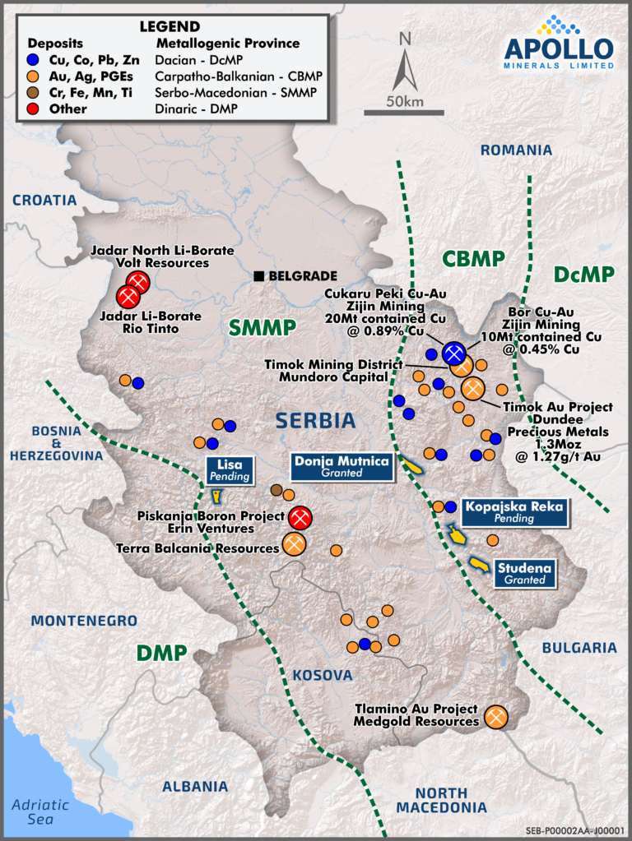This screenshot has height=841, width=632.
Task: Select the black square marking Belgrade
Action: click(259, 276)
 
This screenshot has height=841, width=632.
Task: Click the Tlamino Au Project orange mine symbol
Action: click(496, 717)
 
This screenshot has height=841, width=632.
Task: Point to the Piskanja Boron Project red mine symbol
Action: click(300, 518)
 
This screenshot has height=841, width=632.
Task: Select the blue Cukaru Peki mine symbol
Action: click(453, 353)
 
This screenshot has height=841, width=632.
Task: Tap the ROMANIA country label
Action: click(516, 150)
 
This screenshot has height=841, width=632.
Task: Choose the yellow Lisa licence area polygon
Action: click(216, 497)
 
